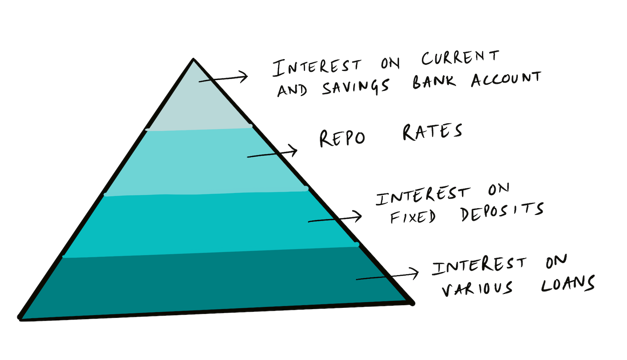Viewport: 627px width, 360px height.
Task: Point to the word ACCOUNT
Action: (507, 80)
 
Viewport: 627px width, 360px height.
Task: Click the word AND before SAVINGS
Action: (292, 89)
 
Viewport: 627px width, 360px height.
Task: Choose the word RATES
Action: (431, 132)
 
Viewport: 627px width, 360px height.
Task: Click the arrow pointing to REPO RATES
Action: (272, 153)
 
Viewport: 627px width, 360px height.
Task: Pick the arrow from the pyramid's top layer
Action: (223, 79)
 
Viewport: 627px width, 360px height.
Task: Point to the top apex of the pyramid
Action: (193, 60)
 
